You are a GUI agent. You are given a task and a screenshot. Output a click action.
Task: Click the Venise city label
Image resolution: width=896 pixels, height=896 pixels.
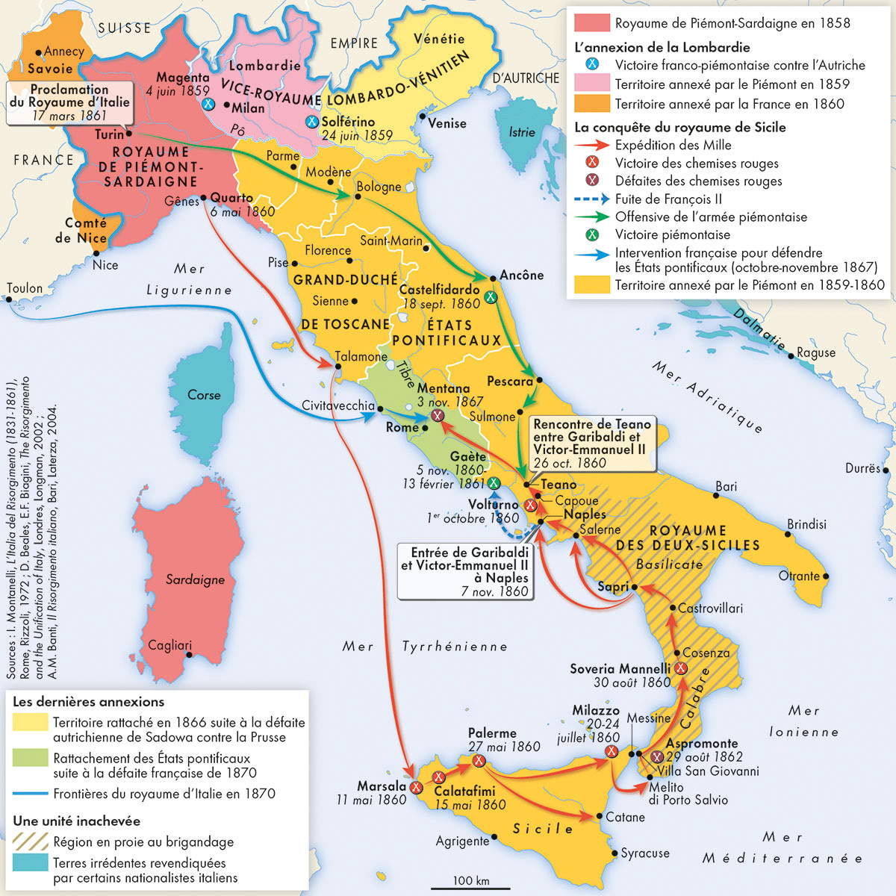(x=448, y=123)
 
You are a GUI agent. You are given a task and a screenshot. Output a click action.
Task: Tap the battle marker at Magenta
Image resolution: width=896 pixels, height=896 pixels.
(x=209, y=104)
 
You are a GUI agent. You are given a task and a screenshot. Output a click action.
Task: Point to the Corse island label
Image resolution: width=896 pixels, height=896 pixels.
(x=204, y=395)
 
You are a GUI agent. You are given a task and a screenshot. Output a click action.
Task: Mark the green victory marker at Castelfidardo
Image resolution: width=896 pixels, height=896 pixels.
(x=491, y=297)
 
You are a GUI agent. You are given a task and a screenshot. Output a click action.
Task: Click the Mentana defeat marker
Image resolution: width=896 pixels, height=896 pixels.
(x=438, y=415)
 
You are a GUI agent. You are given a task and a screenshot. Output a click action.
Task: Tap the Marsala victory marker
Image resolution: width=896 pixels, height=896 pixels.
(x=417, y=787)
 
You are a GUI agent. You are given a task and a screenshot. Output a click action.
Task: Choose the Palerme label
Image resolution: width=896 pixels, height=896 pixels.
(x=492, y=733)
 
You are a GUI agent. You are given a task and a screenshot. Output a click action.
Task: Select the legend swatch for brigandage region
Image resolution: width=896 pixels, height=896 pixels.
(x=30, y=841)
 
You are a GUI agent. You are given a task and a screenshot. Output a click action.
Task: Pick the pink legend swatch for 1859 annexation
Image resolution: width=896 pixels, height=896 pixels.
(x=591, y=84)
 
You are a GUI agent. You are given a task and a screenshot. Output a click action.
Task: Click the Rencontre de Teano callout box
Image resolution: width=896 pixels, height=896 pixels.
(x=591, y=443)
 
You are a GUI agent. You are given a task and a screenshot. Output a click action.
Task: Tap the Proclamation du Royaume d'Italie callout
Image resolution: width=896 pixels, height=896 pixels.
(x=70, y=102)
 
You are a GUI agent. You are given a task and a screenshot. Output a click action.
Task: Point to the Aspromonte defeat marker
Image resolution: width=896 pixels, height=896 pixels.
(x=656, y=757)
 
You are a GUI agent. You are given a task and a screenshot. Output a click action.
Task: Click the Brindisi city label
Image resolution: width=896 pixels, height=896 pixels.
(x=806, y=524)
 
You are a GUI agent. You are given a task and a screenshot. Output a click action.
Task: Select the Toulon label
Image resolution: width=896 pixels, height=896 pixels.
(x=25, y=288)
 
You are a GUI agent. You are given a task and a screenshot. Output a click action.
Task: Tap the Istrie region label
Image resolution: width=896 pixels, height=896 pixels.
(x=522, y=132)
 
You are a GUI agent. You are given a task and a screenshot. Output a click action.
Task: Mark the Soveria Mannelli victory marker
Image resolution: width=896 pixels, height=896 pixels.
(x=681, y=668)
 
